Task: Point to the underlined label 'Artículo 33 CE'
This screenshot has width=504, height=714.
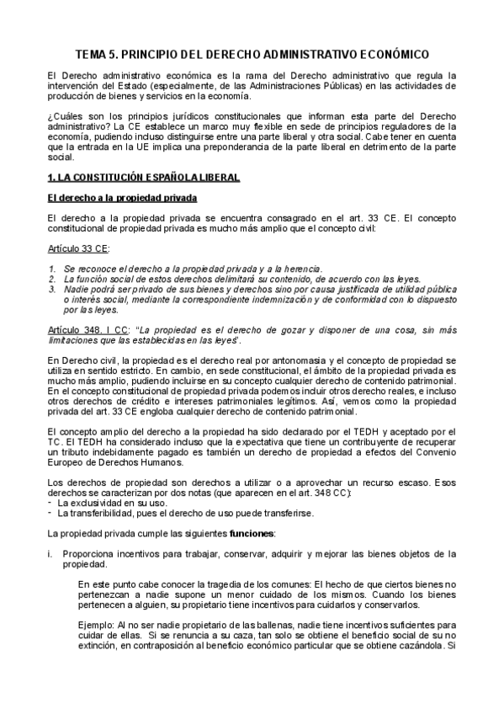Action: pos(78,250)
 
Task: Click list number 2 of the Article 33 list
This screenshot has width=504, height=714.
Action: pos(51,278)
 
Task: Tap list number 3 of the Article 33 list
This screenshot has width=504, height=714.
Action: pos(51,289)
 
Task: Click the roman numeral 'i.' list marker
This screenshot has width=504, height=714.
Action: pos(50,554)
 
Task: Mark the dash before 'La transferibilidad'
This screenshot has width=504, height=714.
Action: pos(50,512)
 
